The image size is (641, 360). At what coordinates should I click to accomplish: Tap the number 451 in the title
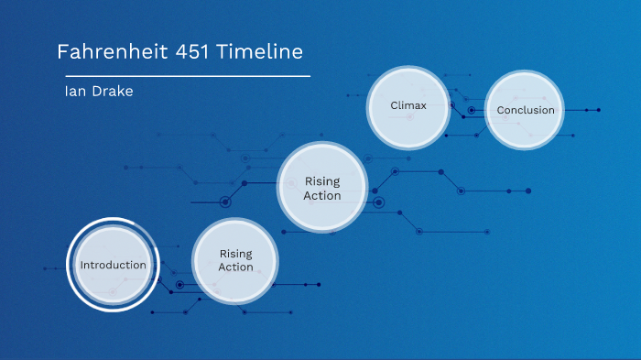click(x=195, y=52)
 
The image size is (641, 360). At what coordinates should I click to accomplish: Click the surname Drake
click(x=113, y=92)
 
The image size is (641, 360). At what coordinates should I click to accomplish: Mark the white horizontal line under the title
click(x=183, y=75)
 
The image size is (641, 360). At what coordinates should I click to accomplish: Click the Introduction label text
click(x=113, y=266)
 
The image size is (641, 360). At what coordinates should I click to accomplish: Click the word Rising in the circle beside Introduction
click(x=235, y=254)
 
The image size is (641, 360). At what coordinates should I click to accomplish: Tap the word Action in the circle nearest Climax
click(x=321, y=195)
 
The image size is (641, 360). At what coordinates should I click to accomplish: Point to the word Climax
click(x=408, y=105)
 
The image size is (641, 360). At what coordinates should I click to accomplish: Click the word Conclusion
click(x=526, y=111)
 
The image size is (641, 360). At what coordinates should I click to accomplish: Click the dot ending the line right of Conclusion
click(x=599, y=110)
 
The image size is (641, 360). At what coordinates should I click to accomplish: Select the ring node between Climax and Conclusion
click(x=472, y=110)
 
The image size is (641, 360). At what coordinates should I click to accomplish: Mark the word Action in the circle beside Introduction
click(x=235, y=267)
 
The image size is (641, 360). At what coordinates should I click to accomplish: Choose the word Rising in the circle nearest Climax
click(x=321, y=181)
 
